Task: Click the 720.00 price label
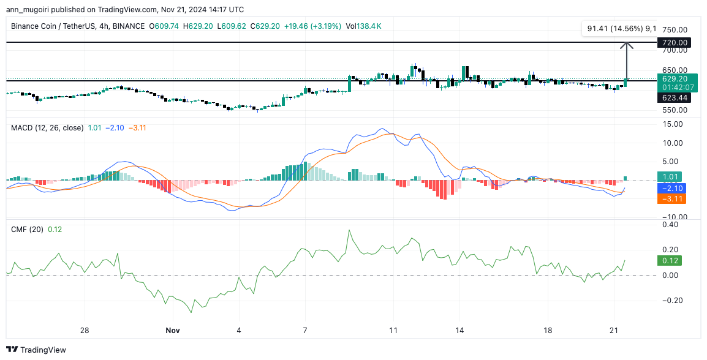tap(674, 43)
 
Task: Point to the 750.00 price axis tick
tap(674, 29)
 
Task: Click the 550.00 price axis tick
tap(674, 110)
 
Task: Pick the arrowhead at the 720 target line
tap(626, 45)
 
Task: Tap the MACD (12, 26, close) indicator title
tap(47, 127)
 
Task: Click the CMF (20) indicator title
tap(26, 229)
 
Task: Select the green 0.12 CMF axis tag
tap(671, 260)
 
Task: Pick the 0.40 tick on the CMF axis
tap(671, 225)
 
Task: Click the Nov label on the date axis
tap(173, 331)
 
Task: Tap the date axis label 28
tap(85, 331)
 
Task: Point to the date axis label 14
tap(459, 331)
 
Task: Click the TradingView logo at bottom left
tap(37, 350)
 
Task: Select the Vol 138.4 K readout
tap(364, 26)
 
